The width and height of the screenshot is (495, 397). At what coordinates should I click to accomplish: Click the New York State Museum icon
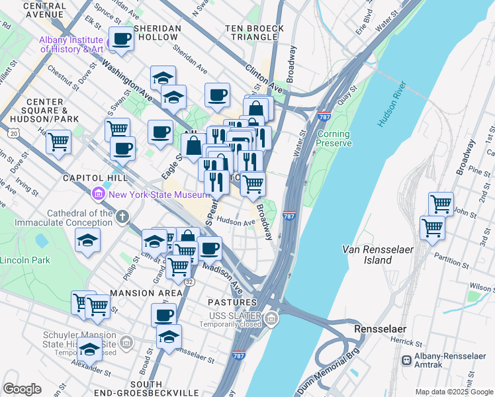tap(99, 195)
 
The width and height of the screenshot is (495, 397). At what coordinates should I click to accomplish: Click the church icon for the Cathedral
tap(122, 216)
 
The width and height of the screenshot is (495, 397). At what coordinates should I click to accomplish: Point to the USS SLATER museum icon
tap(271, 320)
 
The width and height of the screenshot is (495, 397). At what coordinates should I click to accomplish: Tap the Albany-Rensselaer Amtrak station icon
tap(406, 360)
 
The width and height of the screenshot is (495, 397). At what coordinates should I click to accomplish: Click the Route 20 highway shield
tap(14, 133)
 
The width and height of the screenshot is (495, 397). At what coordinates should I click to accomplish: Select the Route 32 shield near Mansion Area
tap(189, 282)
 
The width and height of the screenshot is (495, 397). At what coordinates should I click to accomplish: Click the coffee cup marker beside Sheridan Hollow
tap(121, 40)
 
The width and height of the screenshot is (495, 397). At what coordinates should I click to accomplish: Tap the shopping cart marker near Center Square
tap(59, 141)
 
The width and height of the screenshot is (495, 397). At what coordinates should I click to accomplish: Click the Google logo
tap(22, 389)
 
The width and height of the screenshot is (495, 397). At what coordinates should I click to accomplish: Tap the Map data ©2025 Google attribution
tap(454, 392)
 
